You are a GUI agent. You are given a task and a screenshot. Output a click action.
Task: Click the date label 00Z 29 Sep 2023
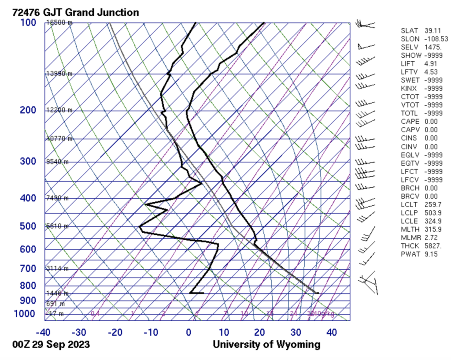point(51,345)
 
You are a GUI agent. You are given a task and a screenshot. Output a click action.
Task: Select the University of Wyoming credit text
point(267,345)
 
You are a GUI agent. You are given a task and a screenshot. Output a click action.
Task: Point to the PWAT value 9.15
point(431,254)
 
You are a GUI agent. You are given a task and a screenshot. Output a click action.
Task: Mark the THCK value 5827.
point(432,246)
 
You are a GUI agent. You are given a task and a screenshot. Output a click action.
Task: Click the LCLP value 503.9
point(432,213)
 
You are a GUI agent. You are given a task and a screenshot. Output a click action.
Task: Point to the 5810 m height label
point(57,226)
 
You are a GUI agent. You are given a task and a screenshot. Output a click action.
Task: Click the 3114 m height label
point(57,268)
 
